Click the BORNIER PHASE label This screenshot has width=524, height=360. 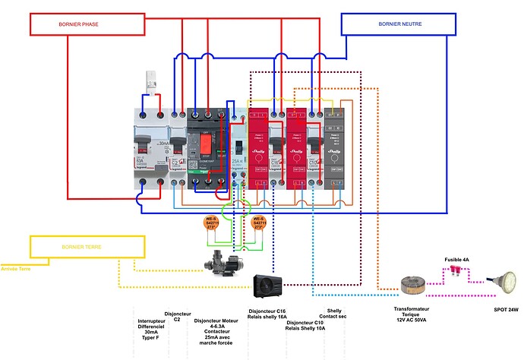coord(78,24)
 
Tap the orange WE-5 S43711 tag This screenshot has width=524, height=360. coord(259,223)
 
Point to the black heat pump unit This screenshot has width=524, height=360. coord(272,286)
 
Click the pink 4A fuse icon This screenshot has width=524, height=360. coord(453,268)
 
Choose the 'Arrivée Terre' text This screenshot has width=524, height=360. coord(16,267)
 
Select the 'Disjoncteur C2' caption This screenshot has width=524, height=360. coord(177,316)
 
